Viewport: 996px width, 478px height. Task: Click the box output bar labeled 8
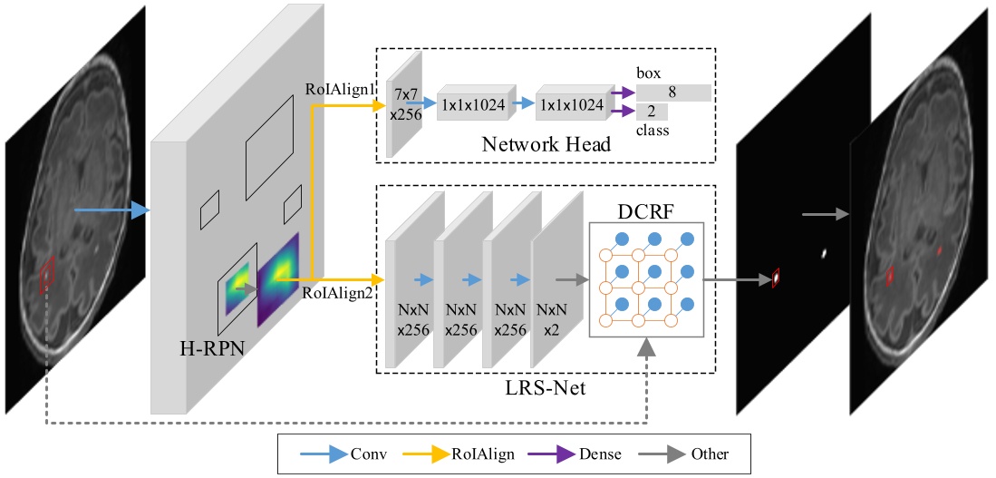673,93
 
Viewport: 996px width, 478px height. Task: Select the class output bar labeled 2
652,112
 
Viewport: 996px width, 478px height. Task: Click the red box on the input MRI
47,275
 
